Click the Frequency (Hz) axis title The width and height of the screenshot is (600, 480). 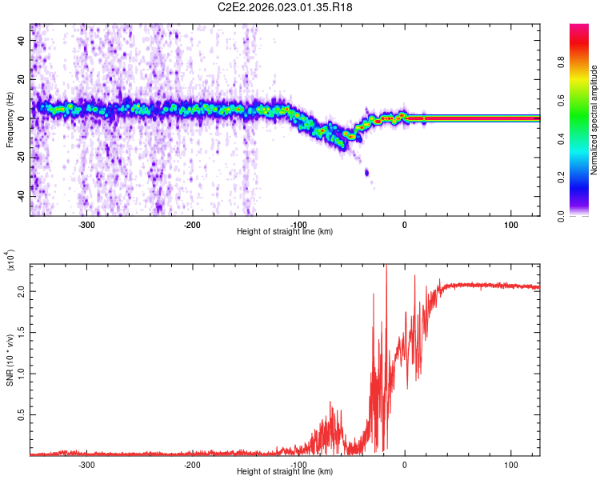[10, 120]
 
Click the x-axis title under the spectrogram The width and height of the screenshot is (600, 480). [285, 231]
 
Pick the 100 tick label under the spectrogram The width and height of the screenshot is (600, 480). [511, 223]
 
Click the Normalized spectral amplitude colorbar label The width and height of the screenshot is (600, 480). [594, 120]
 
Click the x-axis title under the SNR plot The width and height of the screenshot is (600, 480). [285, 472]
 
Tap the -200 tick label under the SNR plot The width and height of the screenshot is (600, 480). [192, 464]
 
